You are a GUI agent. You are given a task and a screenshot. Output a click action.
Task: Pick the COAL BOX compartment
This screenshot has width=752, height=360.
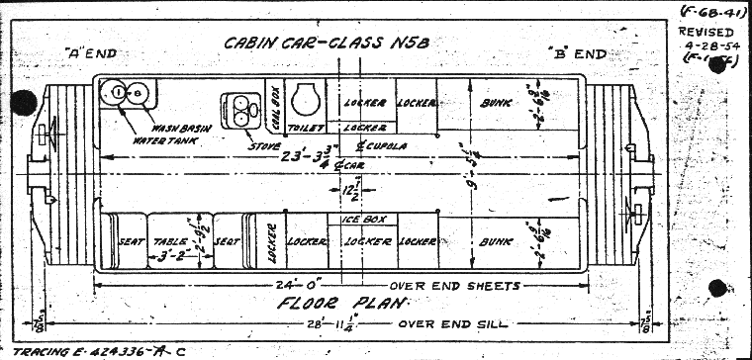[273, 103]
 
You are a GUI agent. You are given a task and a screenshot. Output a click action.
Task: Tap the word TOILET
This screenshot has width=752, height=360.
[300, 129]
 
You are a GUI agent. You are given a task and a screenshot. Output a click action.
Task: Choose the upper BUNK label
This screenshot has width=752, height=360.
[495, 103]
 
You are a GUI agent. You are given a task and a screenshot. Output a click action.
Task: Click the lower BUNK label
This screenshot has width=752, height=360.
[495, 240]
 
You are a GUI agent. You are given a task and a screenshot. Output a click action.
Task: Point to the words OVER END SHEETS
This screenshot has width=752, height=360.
[457, 286]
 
